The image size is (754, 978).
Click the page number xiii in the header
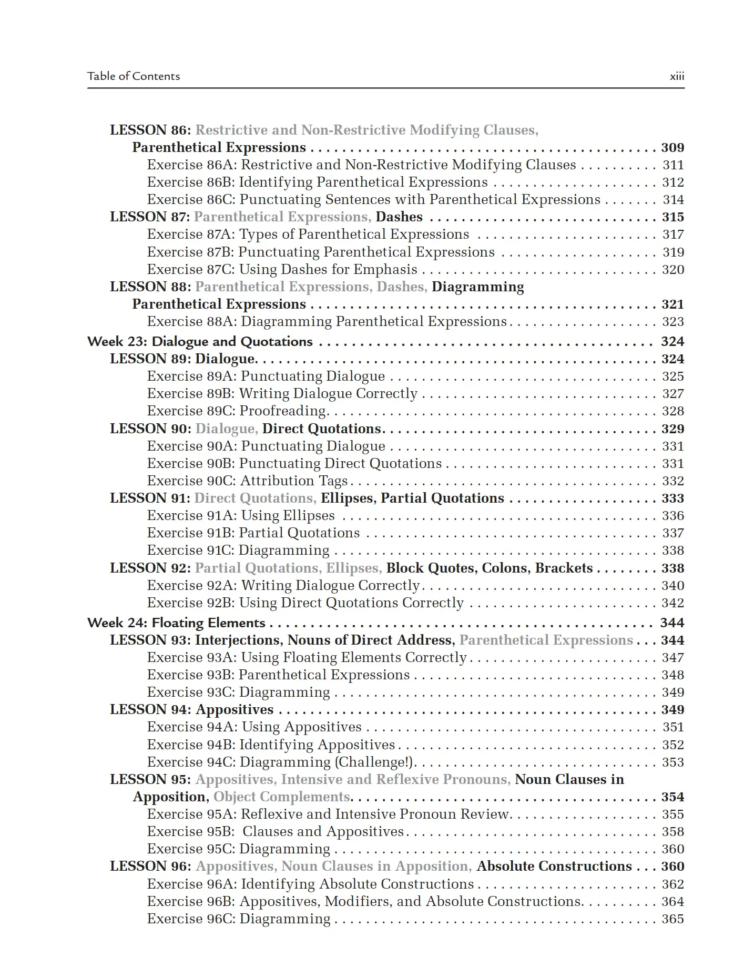coord(677,76)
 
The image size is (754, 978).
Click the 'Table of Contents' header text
coord(134,76)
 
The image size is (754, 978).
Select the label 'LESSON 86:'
coord(150,130)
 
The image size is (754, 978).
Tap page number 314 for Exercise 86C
coord(673,200)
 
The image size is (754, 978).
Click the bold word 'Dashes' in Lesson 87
coord(399,217)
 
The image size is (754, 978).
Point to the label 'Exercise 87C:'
coord(191,270)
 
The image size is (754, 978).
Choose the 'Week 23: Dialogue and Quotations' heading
coord(200,342)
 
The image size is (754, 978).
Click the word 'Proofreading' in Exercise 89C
coord(283,411)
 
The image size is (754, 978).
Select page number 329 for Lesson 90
coord(673,429)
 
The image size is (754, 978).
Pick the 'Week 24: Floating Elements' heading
coord(176,623)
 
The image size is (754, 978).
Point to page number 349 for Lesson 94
coord(673,710)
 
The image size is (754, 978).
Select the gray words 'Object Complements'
coord(282,797)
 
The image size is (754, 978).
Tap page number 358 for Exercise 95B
coord(673,832)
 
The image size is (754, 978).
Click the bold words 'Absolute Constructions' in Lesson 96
coord(554,867)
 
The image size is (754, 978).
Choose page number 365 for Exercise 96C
coord(673,919)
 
